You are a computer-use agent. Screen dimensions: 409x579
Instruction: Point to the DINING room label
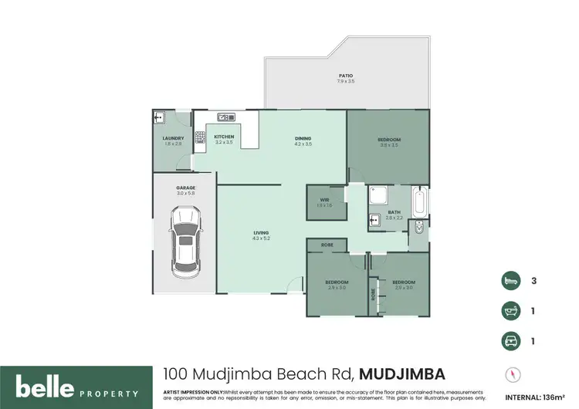click(303, 139)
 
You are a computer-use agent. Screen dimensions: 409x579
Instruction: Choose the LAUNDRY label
click(172, 139)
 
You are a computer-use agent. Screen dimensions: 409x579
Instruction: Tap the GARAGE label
click(185, 188)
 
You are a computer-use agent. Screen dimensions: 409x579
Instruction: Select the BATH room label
click(394, 212)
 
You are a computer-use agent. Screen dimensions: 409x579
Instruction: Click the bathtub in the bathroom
click(420, 201)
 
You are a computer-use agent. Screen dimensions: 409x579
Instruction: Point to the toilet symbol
click(418, 229)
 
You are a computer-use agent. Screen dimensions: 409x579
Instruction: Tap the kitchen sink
click(226, 117)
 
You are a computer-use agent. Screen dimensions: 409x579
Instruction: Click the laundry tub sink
click(159, 117)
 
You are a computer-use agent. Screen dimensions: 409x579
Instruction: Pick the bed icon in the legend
click(509, 280)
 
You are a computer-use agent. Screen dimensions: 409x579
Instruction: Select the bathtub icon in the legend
click(509, 309)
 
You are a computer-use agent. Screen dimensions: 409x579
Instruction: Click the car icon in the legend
click(509, 340)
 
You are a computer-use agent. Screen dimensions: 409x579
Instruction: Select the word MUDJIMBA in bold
click(401, 374)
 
